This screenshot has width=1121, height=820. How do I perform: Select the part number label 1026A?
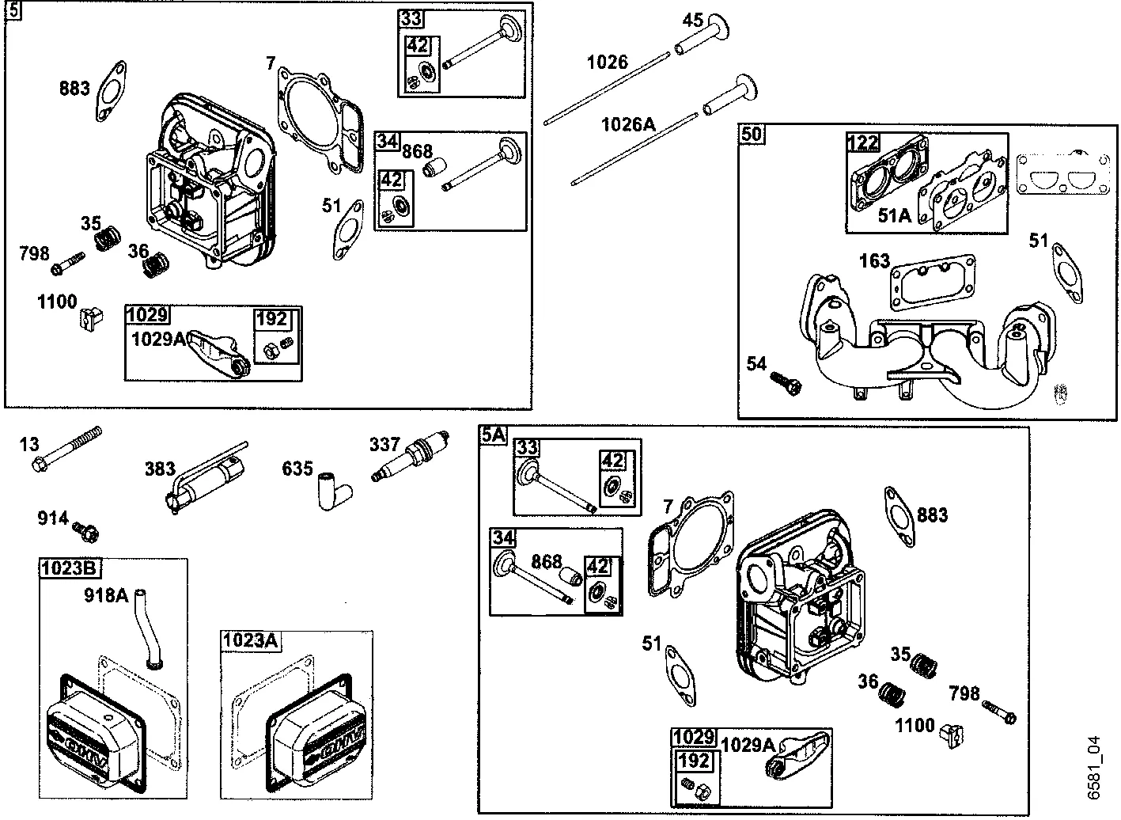[x=628, y=124]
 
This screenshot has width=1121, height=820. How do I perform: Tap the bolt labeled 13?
[x=66, y=449]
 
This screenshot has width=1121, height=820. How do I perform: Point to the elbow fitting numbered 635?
[x=334, y=490]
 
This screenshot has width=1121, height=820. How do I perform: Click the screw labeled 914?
[x=86, y=532]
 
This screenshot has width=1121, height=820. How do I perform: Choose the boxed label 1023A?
[x=250, y=640]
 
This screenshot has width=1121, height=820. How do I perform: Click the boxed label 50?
[x=752, y=135]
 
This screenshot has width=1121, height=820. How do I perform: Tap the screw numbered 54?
[x=786, y=383]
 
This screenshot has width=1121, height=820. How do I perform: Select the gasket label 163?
[x=874, y=261]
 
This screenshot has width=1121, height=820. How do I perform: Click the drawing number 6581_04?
[x=1094, y=768]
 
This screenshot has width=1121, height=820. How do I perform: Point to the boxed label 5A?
[x=494, y=435]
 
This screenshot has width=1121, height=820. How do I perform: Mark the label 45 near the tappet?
[x=693, y=21]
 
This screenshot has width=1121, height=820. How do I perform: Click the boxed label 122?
[x=863, y=142]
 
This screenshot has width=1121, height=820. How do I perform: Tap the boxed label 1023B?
[x=70, y=568]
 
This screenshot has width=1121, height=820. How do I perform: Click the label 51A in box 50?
[x=894, y=215]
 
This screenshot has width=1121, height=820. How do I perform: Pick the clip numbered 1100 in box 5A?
[x=951, y=736]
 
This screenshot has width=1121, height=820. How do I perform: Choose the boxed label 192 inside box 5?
[x=271, y=319]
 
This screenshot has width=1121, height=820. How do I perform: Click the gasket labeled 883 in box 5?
[x=111, y=91]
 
